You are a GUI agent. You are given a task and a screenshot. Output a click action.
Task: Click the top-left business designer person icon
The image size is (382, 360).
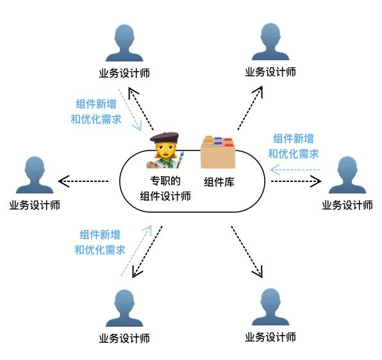(124, 43)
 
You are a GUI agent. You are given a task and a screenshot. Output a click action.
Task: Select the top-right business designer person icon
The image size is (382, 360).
(270, 42)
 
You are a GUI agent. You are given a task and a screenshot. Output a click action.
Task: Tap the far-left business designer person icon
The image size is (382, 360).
(35, 175)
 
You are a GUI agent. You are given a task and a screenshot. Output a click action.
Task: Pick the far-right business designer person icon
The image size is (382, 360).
(347, 175)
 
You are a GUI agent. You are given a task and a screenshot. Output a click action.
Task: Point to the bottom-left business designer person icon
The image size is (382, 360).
(124, 308)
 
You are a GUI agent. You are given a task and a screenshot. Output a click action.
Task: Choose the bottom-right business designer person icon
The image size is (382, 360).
(270, 307)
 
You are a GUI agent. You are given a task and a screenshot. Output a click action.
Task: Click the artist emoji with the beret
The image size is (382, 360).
(165, 150)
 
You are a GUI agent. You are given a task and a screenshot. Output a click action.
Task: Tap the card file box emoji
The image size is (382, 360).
(218, 152)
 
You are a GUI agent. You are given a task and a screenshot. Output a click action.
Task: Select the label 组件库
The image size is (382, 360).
(219, 182)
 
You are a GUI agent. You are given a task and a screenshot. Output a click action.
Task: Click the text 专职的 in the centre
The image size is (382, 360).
(165, 181)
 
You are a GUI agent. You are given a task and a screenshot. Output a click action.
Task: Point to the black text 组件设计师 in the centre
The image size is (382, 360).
(165, 196)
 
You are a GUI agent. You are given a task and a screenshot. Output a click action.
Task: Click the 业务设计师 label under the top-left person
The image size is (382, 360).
(124, 73)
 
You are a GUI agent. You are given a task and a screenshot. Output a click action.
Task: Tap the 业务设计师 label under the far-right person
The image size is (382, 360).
(347, 205)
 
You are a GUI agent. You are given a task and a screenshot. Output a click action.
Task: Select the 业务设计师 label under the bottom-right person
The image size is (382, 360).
(270, 337)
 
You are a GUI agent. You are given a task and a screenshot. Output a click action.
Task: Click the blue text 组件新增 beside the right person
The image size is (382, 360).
(294, 139)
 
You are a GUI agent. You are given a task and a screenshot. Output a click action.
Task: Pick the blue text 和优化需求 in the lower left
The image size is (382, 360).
(100, 250)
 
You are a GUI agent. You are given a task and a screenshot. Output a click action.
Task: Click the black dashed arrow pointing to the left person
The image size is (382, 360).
(83, 181)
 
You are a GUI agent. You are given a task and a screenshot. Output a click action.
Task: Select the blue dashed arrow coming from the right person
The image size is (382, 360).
(295, 170)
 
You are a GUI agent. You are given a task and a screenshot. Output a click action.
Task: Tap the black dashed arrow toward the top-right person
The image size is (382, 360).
(250, 108)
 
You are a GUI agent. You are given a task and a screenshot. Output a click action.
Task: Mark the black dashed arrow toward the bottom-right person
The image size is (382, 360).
(247, 252)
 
